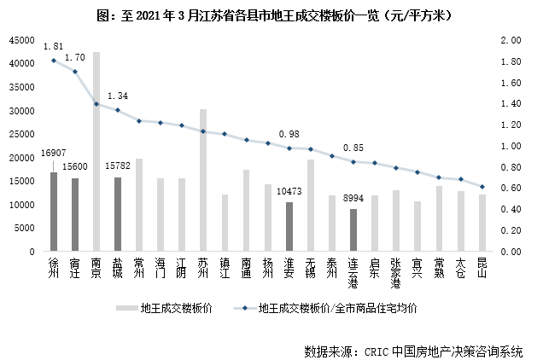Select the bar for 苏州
(203, 181)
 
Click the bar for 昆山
(482, 224)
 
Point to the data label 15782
(118, 168)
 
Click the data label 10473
(289, 193)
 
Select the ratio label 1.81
(53, 46)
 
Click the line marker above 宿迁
(75, 72)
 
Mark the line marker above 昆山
(482, 187)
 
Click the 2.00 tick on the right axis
(511, 40)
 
